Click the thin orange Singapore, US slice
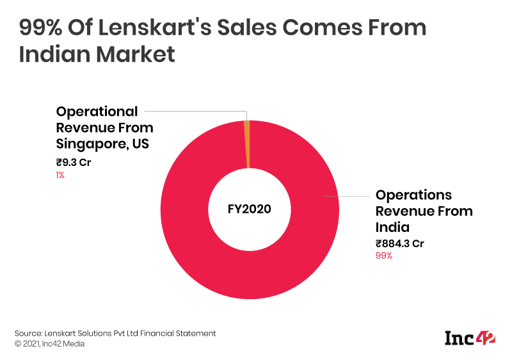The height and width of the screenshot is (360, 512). click(x=246, y=145)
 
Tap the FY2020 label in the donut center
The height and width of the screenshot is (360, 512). click(x=250, y=209)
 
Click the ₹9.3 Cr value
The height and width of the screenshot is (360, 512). click(x=74, y=162)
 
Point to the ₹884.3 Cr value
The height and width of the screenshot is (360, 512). click(x=399, y=243)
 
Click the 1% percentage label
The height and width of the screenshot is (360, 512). click(x=60, y=175)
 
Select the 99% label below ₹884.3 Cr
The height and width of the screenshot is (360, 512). click(x=384, y=256)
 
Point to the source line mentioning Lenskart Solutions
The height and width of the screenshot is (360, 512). click(x=115, y=333)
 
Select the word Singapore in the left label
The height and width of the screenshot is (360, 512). click(x=91, y=143)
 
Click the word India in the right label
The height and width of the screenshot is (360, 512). click(x=392, y=227)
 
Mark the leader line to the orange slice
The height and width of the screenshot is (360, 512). click(x=192, y=111)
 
